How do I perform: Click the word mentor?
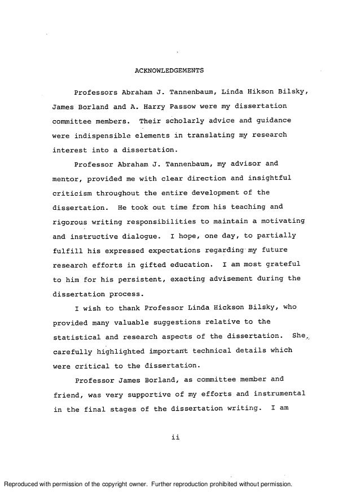point(65,179)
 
